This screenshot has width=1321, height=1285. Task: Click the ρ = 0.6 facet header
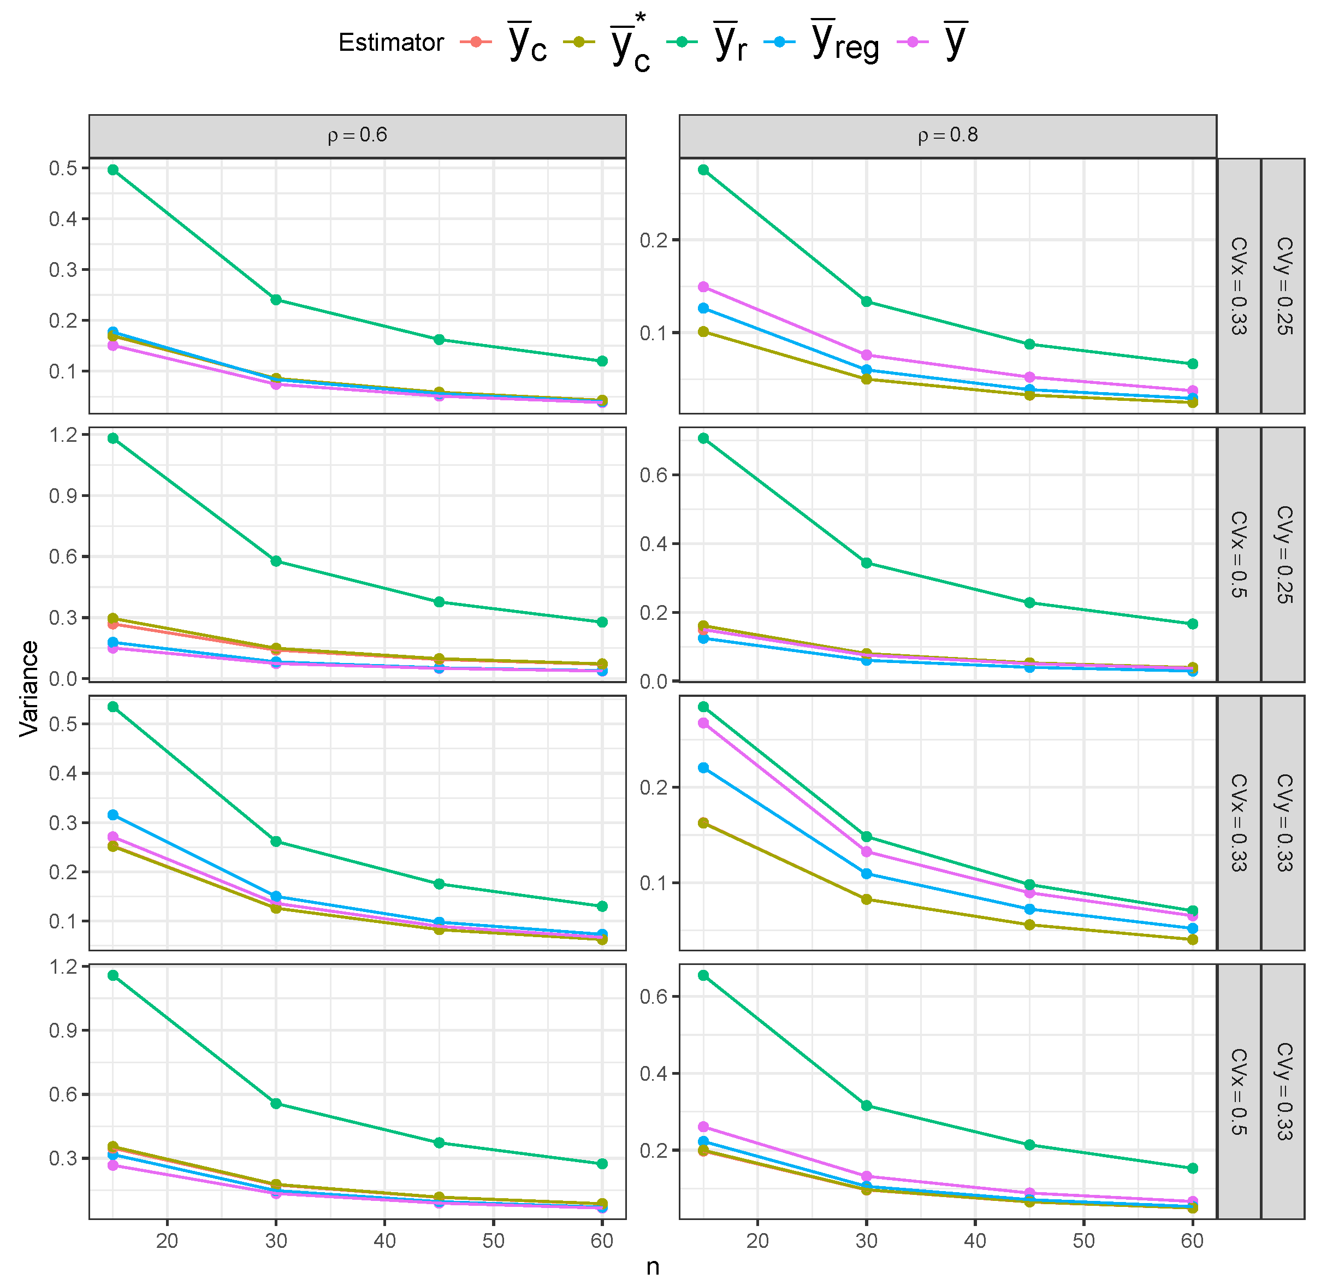pyautogui.click(x=357, y=135)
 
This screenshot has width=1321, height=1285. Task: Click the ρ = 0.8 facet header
pyautogui.click(x=947, y=135)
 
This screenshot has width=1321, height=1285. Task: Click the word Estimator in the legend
pyautogui.click(x=391, y=43)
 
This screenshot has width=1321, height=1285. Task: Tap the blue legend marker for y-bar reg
pyautogui.click(x=780, y=42)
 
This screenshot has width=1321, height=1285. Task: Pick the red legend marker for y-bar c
pyautogui.click(x=476, y=42)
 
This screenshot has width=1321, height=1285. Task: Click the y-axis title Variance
pyautogui.click(x=28, y=689)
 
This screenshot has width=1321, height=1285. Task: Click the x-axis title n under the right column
pyautogui.click(x=653, y=1267)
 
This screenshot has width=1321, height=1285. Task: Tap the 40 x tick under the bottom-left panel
pyautogui.click(x=385, y=1240)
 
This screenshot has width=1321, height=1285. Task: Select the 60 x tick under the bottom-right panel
pyautogui.click(x=1192, y=1240)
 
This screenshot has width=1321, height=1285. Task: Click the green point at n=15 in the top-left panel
pyautogui.click(x=112, y=170)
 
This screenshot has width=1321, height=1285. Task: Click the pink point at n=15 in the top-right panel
pyautogui.click(x=703, y=287)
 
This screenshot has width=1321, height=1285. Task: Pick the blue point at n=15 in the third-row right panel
pyautogui.click(x=703, y=768)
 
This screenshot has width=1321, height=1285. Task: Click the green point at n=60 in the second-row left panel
pyautogui.click(x=602, y=622)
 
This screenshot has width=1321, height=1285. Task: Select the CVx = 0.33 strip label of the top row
pyautogui.click(x=1238, y=286)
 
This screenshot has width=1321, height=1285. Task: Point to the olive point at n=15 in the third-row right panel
pyautogui.click(x=703, y=822)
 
